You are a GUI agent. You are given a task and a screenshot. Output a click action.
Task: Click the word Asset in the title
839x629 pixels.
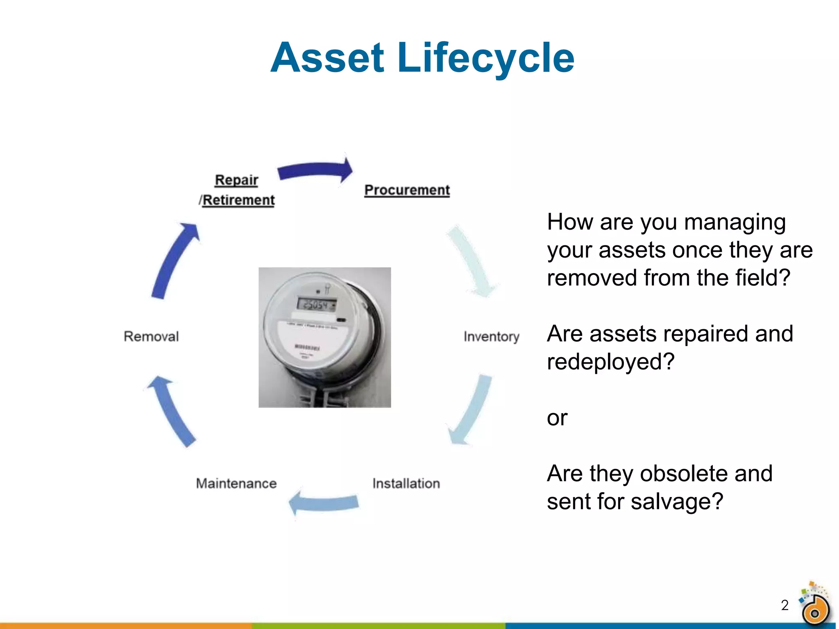[x=327, y=58]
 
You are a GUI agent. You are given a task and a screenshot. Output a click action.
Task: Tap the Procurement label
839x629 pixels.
[x=407, y=190]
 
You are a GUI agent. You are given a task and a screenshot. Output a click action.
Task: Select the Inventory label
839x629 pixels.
[x=491, y=337]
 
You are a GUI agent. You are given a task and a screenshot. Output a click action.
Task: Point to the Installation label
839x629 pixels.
[x=406, y=484]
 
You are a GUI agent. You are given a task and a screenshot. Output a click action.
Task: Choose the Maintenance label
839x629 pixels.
[x=236, y=484]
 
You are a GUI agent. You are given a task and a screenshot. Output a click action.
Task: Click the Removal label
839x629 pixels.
[x=151, y=337]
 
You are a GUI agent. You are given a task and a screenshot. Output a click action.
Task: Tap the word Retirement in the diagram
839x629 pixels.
[x=238, y=200]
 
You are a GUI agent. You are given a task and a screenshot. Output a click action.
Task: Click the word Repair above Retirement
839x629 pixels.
[x=236, y=180]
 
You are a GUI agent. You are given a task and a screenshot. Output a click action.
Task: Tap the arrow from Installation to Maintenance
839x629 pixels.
[x=324, y=502]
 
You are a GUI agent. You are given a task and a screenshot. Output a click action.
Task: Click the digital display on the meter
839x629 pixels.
[x=316, y=305]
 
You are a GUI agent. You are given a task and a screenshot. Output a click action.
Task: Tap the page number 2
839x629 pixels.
[x=785, y=605]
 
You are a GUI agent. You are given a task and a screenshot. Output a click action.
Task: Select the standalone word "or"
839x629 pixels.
[x=557, y=418]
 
